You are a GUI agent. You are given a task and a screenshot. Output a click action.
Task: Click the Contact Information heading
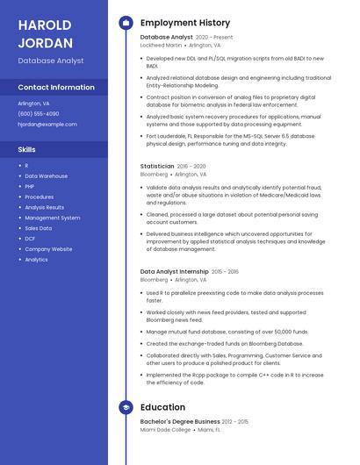point(56,88)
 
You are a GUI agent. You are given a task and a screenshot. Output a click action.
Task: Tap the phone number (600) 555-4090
point(39,114)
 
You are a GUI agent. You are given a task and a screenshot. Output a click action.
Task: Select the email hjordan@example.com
point(47,125)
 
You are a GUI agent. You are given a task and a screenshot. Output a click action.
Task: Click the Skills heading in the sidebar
point(27,149)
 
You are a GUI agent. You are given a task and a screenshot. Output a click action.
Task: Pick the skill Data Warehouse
point(46,176)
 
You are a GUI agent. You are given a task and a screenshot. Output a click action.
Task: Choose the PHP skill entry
point(29,187)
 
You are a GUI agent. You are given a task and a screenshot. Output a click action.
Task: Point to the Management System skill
point(52,218)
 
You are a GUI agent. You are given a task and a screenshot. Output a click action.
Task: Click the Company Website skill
point(48,249)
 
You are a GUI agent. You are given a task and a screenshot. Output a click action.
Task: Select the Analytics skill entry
point(36,260)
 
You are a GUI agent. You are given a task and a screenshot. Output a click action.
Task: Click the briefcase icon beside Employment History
point(126,23)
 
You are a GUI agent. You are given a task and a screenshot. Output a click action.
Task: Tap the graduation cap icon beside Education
point(126,408)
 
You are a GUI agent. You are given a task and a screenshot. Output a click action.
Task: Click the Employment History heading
point(185,23)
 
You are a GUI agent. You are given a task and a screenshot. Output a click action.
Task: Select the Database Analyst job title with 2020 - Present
point(166,38)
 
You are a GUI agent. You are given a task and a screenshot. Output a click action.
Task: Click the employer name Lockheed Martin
point(161,46)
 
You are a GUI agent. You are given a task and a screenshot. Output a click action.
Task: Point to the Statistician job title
point(157,166)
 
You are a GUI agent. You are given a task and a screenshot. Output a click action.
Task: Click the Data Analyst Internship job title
point(174,272)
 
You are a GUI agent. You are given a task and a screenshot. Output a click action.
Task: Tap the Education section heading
point(162,408)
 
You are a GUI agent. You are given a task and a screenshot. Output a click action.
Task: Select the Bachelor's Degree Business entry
point(180,422)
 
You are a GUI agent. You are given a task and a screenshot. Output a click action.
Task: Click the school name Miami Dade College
point(165,430)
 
